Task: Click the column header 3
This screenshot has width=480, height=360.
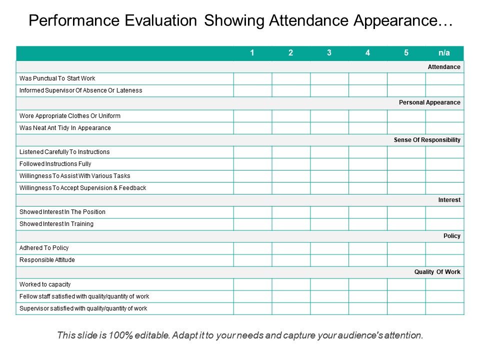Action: [x=329, y=53]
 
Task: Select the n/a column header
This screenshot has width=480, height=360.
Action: [x=444, y=53]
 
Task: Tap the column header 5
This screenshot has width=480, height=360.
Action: [x=406, y=53]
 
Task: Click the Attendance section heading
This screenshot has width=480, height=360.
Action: [x=444, y=66]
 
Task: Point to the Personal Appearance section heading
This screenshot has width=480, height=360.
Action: [x=429, y=102]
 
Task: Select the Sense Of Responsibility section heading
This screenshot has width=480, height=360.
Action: [x=427, y=140]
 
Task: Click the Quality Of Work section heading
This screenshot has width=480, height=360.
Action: [x=437, y=272]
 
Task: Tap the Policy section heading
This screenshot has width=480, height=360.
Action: [x=452, y=236]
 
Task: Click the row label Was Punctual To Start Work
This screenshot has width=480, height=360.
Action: [x=57, y=78]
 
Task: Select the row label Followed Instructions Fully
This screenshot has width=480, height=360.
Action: [x=55, y=164]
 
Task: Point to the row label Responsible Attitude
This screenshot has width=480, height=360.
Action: [x=47, y=260]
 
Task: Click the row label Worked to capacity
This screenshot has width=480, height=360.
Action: [x=45, y=284]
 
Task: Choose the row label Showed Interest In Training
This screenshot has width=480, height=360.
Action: [x=56, y=224]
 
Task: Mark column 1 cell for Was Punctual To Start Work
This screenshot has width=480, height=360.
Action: [x=252, y=78]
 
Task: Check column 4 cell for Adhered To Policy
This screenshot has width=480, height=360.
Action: [x=368, y=248]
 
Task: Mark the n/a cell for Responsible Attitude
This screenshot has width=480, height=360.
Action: [x=444, y=260]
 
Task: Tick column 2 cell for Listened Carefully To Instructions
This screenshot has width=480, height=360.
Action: [x=291, y=152]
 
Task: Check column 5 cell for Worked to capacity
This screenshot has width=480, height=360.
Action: [x=406, y=284]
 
